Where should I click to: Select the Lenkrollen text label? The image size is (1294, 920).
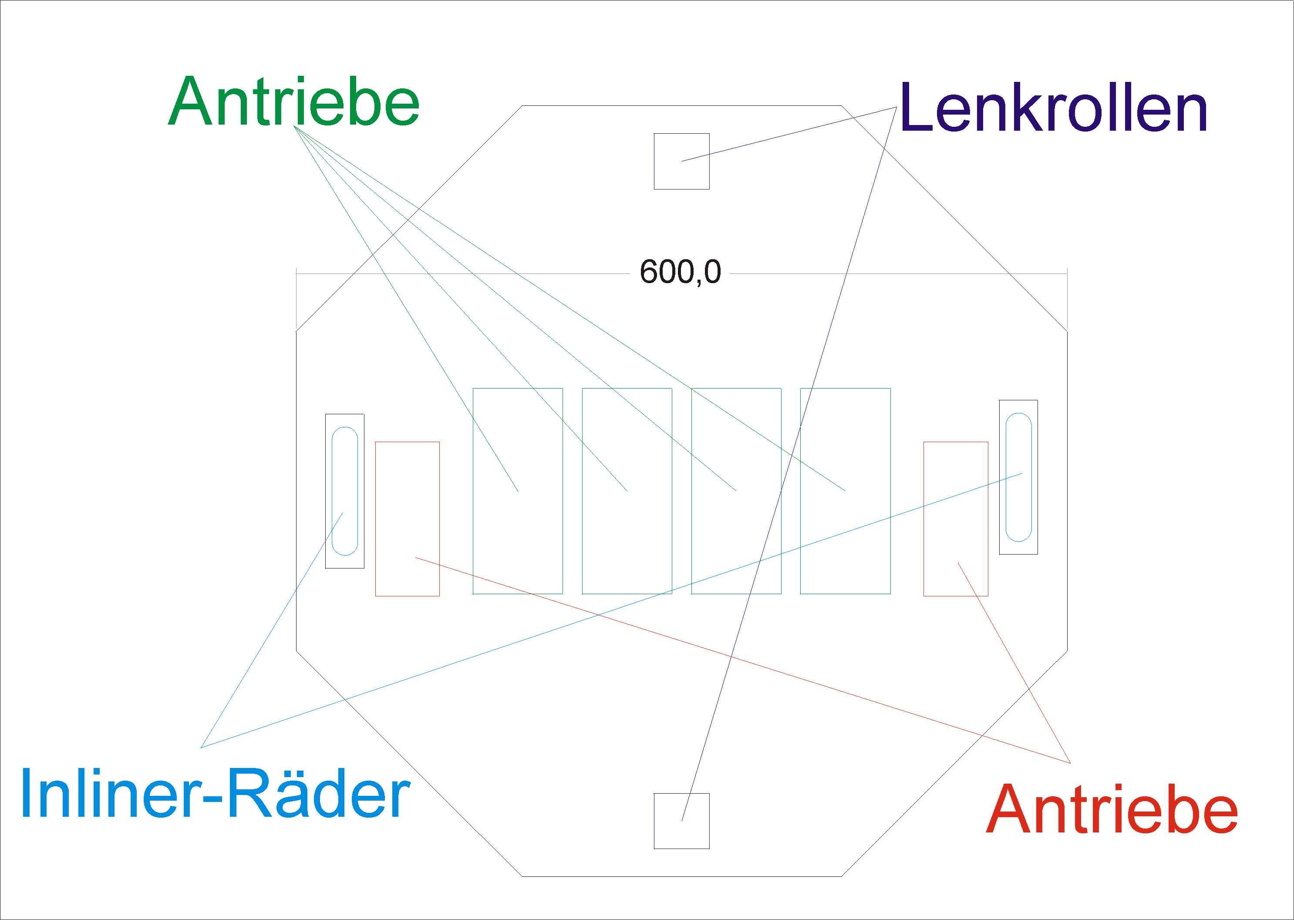point(1053,107)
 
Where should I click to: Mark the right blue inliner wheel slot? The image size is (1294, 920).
point(1006,477)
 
